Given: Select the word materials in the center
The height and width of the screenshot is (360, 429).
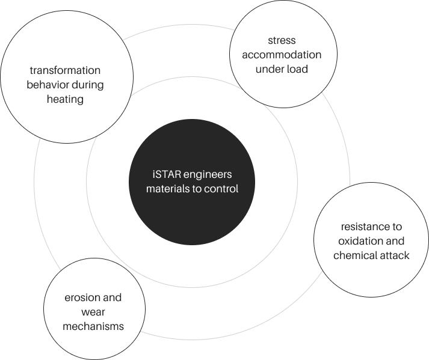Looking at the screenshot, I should point(162,189).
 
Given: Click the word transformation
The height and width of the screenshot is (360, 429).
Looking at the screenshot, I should point(65,70).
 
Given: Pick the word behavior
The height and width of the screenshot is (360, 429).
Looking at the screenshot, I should point(48,85).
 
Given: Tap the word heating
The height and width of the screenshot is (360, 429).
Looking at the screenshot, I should point(65,99).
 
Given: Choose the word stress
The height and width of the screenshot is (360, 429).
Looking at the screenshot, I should point(282,40).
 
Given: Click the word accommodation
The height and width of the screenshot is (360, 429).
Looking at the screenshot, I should point(282,55).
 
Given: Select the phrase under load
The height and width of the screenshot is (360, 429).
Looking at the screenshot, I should point(282,69).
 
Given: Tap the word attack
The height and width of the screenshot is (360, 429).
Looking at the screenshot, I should point(395,255).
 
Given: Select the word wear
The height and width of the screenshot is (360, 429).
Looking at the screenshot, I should point(93,312).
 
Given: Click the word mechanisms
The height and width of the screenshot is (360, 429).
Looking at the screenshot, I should point(93,326).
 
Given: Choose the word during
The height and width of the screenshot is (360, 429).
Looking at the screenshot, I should point(88,85).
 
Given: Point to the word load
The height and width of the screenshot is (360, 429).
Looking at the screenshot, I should point(297,69).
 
